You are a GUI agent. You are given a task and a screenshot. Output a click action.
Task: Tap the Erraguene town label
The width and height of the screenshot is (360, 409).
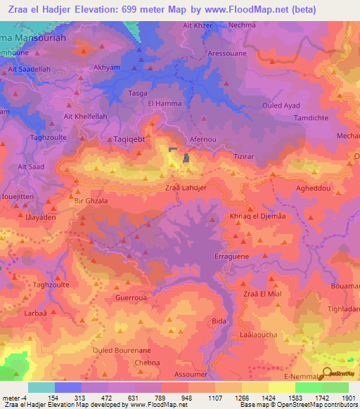click(231, 258)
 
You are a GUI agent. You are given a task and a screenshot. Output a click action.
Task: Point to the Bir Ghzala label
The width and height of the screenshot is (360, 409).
click(91, 201)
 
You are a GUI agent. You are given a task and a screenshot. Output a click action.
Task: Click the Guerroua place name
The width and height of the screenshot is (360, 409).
click(130, 297)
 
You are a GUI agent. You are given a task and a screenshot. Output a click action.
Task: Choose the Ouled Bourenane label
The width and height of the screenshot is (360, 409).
click(122, 349)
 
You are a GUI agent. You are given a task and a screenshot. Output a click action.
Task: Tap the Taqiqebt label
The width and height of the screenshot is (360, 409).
click(129, 140)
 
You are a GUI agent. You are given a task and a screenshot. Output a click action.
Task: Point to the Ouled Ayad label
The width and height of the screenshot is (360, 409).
click(281, 105)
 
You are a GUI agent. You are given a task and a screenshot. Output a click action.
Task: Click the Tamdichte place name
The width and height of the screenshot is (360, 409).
click(296, 117)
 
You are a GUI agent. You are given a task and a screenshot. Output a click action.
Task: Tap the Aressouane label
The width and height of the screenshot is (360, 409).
click(226, 53)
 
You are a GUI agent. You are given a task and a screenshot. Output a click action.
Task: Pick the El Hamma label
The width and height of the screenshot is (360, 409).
click(165, 104)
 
